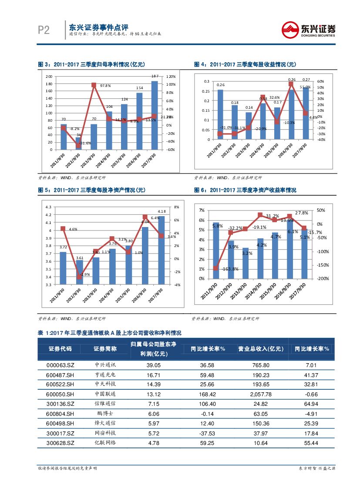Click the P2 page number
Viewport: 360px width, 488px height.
coord(44,30)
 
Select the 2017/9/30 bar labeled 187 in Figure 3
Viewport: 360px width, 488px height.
coord(155,115)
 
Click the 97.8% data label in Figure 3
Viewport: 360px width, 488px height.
coord(105,86)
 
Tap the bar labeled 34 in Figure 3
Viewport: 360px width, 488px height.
coord(78,143)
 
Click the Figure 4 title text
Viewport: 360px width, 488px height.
coord(245,64)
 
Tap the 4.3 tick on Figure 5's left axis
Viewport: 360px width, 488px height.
coord(48,207)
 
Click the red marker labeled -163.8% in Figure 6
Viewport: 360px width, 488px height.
coord(216,268)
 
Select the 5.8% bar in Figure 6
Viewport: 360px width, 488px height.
coord(216,250)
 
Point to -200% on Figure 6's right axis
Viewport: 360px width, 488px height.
coord(322,279)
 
